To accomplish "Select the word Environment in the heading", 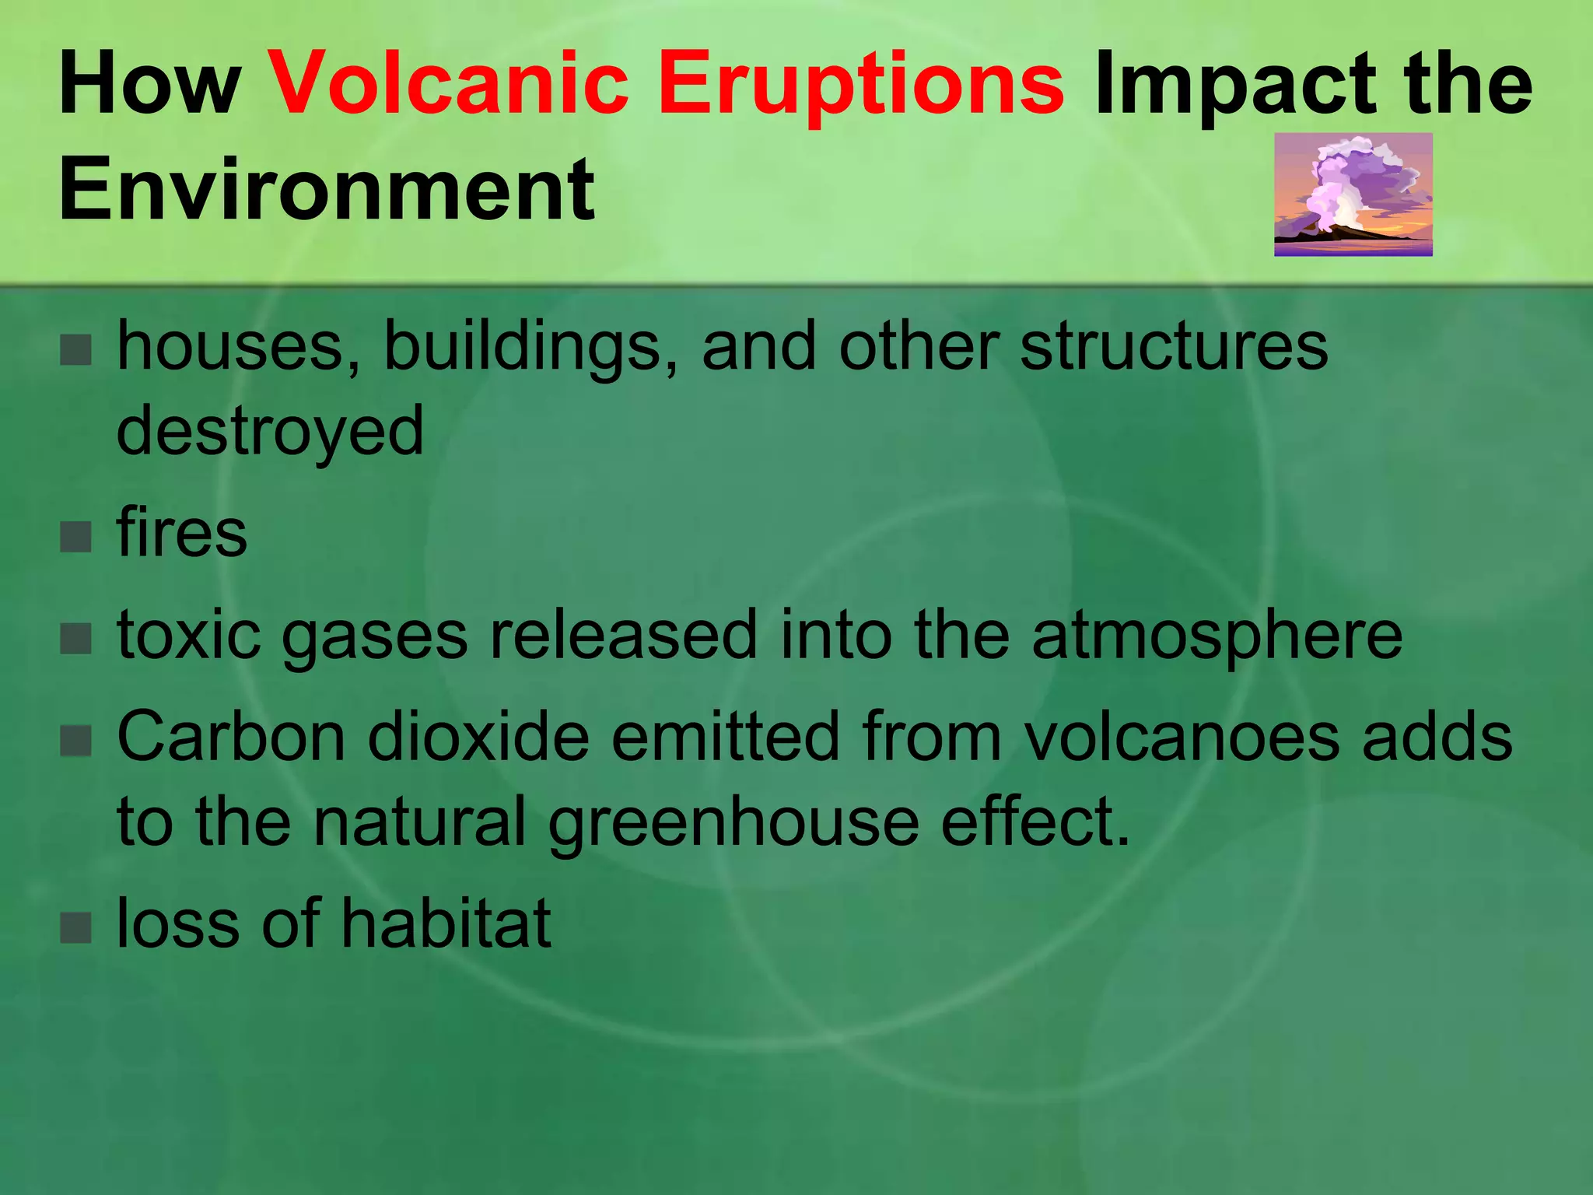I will [x=326, y=189].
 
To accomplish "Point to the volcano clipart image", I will [x=1353, y=194].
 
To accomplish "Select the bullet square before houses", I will [x=75, y=350].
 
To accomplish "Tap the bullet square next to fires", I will [x=75, y=536].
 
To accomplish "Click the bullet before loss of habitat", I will [x=75, y=927].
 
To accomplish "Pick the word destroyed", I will [x=270, y=432].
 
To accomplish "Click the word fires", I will [x=181, y=534].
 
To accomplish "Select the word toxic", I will [x=189, y=635].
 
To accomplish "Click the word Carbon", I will [x=231, y=737].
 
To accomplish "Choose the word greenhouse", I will [x=733, y=823].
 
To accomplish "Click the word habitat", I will [x=446, y=923].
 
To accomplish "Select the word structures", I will [x=1173, y=346].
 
